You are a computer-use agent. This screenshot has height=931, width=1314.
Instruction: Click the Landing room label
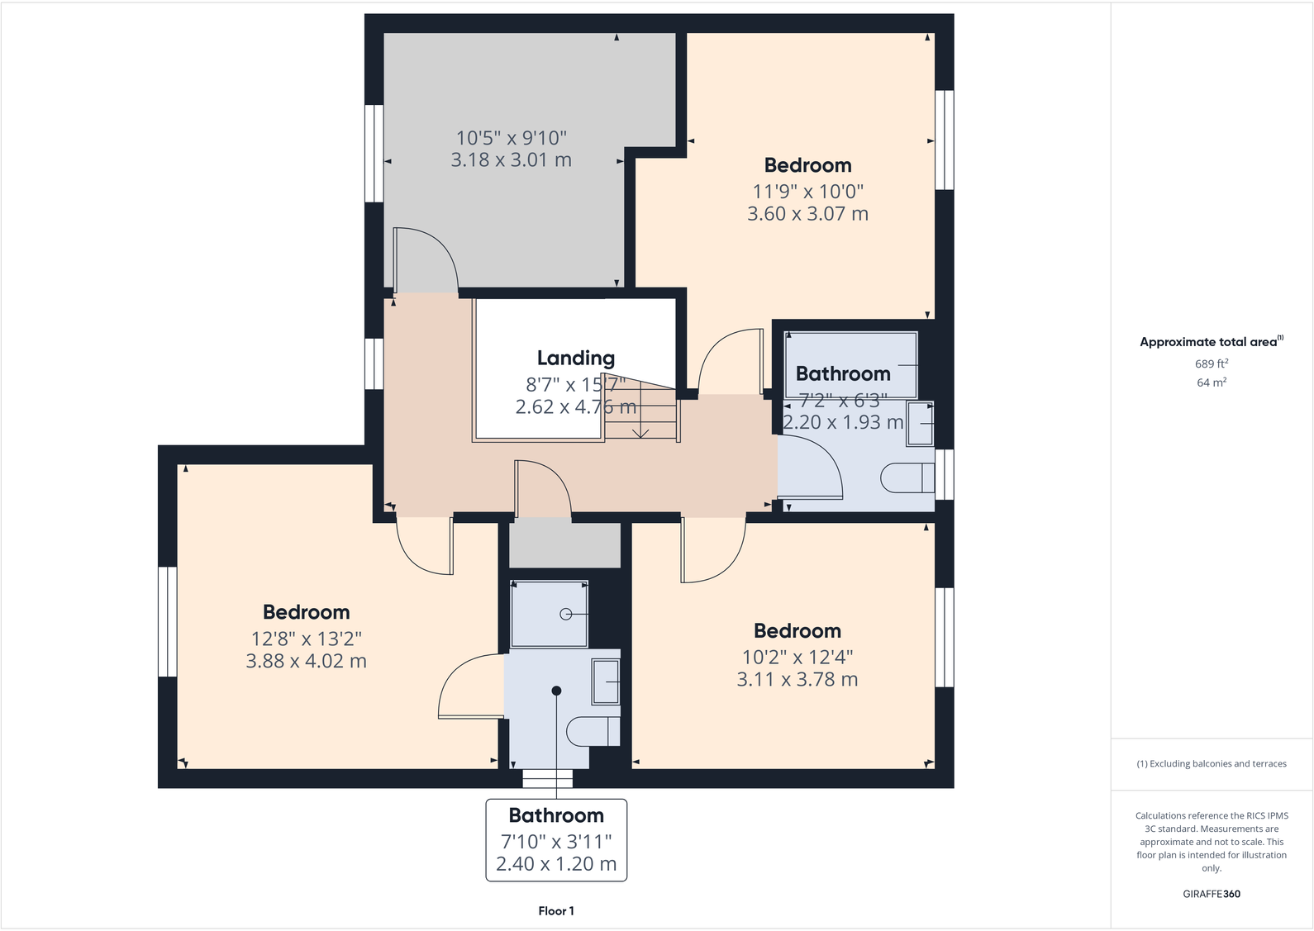click(576, 358)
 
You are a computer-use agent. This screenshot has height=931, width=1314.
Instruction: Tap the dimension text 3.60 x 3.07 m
click(807, 214)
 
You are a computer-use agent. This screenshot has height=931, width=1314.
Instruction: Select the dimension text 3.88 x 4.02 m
click(306, 661)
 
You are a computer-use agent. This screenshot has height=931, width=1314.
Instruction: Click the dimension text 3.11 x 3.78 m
click(797, 680)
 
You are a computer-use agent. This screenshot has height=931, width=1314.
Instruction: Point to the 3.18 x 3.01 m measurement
click(511, 160)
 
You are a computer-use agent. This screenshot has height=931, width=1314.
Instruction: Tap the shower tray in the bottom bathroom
click(550, 614)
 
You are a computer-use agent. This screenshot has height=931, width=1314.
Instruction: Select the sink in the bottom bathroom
click(606, 681)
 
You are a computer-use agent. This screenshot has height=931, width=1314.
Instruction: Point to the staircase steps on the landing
click(641, 413)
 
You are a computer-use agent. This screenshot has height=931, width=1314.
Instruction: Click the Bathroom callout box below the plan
click(556, 839)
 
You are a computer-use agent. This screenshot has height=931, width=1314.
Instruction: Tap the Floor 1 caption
click(556, 911)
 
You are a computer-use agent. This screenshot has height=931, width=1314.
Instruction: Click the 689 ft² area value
click(1212, 363)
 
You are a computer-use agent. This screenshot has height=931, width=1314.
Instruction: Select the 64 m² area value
click(1212, 382)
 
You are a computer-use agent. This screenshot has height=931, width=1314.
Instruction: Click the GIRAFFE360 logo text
click(1212, 894)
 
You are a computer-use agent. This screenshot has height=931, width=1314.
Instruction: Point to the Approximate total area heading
click(1210, 342)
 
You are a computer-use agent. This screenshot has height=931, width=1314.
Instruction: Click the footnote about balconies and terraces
click(1212, 764)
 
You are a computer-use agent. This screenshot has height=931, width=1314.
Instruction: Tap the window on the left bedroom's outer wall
click(167, 621)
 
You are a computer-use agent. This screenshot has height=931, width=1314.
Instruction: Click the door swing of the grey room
click(426, 260)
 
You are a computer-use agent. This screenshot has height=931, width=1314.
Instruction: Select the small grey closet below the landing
click(564, 544)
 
